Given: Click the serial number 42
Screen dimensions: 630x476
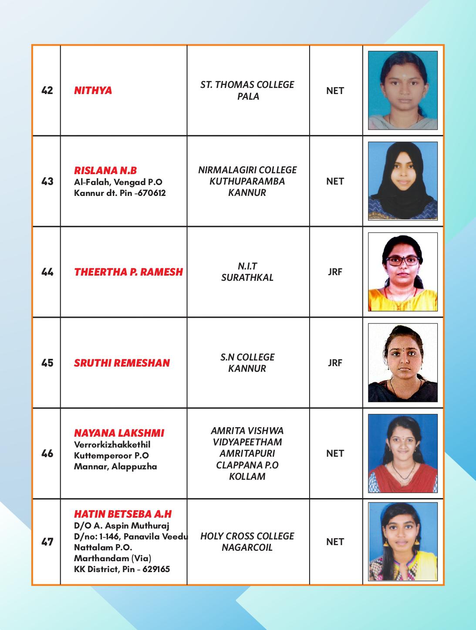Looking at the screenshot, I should click(47, 91).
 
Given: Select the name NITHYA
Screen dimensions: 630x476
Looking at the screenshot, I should click(93, 91).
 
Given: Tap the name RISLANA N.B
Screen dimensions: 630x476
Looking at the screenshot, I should click(105, 170).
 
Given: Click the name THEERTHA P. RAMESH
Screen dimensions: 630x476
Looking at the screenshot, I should click(128, 272).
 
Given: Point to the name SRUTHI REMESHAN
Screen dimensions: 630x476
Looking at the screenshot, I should click(122, 363).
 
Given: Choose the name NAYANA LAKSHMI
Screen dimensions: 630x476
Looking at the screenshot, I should click(119, 433).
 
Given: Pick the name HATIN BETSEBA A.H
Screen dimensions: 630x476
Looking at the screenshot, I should click(123, 514).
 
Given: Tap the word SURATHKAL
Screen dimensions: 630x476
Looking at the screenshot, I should click(247, 278).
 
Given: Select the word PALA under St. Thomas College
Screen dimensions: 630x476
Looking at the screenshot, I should click(248, 96).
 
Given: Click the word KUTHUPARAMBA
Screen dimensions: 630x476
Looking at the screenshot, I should click(247, 181).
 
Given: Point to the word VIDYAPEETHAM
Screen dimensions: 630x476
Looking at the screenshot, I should click(247, 442).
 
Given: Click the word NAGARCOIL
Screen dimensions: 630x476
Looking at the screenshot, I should click(247, 547).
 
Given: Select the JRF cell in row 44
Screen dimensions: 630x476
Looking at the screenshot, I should click(335, 272).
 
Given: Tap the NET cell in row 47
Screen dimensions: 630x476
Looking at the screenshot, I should click(335, 542).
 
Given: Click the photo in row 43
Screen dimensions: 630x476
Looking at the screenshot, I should click(402, 181).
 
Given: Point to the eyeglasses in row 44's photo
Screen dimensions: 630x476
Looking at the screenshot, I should click(402, 261).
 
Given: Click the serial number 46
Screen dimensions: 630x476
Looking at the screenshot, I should click(47, 454).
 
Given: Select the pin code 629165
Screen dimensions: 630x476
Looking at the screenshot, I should click(155, 569).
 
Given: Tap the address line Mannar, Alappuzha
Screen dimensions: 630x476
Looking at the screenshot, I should click(115, 467).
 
